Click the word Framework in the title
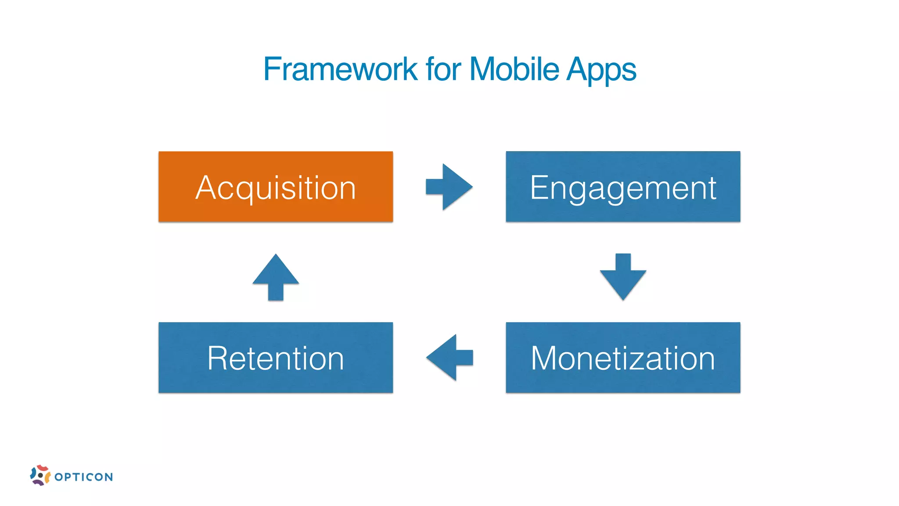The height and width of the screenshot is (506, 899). pos(340,69)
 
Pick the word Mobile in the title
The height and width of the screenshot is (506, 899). pos(514,69)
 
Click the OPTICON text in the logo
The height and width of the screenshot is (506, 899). pos(83,477)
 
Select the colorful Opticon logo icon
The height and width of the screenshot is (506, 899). pos(40,475)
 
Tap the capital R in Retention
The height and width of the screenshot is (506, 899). pos(217,358)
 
